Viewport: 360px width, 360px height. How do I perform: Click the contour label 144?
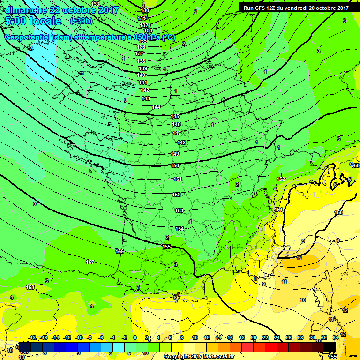tap(156, 107)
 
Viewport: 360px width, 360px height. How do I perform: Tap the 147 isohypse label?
tap(177, 134)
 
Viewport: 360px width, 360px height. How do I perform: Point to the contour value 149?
tap(175, 154)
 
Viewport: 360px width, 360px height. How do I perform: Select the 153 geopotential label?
tap(179, 211)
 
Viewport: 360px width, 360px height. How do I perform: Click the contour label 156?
tap(120, 252)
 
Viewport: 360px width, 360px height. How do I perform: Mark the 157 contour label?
tap(90, 262)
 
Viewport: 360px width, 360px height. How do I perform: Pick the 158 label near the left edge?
tap(30, 287)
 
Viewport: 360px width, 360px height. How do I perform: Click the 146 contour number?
tap(176, 125)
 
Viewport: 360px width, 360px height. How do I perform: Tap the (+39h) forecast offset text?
tap(81, 21)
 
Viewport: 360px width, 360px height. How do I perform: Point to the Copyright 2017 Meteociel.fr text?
tap(199, 356)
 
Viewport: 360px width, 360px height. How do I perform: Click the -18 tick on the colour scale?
tap(32, 337)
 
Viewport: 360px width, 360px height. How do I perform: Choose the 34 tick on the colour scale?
tap(336, 337)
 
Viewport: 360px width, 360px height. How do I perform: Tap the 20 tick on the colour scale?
tap(254, 337)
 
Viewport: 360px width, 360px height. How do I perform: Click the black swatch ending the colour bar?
tap(330, 347)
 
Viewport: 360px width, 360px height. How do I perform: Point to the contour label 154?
tap(180, 229)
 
